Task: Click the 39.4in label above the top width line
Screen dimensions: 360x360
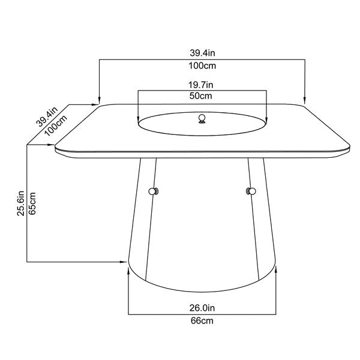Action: point(202,53)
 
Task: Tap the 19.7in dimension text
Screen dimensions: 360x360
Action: point(202,85)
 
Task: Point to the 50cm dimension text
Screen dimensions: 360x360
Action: point(202,96)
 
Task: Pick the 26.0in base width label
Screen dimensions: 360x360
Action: point(202,308)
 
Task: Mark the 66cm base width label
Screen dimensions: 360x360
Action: point(202,320)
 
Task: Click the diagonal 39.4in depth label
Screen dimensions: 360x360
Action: point(46,116)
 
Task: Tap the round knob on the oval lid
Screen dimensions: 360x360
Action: point(202,118)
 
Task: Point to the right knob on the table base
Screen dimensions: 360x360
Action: point(250,191)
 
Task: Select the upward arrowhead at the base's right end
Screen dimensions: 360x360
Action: point(277,271)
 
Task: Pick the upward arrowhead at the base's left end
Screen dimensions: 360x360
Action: point(129,271)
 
